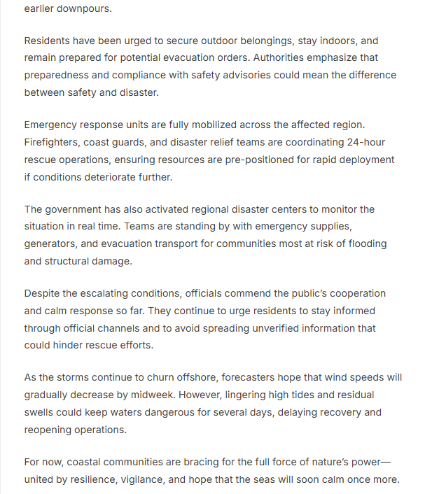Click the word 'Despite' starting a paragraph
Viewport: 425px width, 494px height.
[x=42, y=294]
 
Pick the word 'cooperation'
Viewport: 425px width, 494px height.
[x=356, y=294]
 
